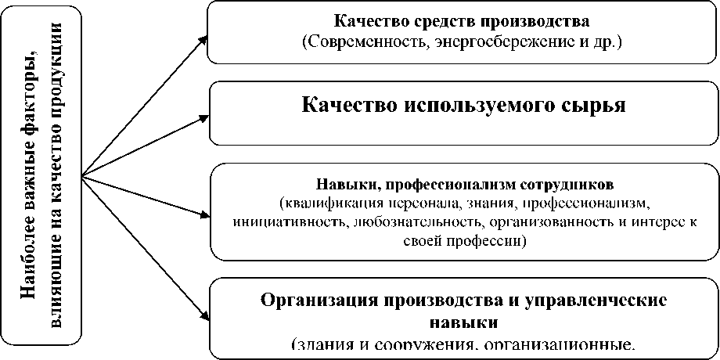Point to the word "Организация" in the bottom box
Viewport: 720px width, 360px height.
(312, 301)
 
